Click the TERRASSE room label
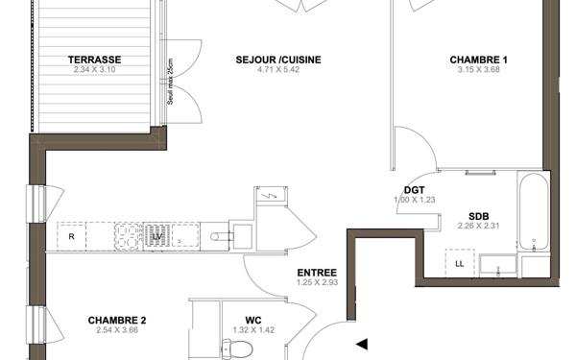coord(94,60)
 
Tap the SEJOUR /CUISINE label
coord(278,60)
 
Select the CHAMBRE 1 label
coord(478,60)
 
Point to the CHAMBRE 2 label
coord(117,321)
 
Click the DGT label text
coord(414,190)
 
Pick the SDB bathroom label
coord(478,216)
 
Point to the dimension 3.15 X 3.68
coord(478,69)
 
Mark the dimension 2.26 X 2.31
coord(478,226)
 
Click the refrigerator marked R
coord(71,234)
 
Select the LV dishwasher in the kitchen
coord(157,234)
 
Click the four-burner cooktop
coord(129,234)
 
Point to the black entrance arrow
coord(362,343)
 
